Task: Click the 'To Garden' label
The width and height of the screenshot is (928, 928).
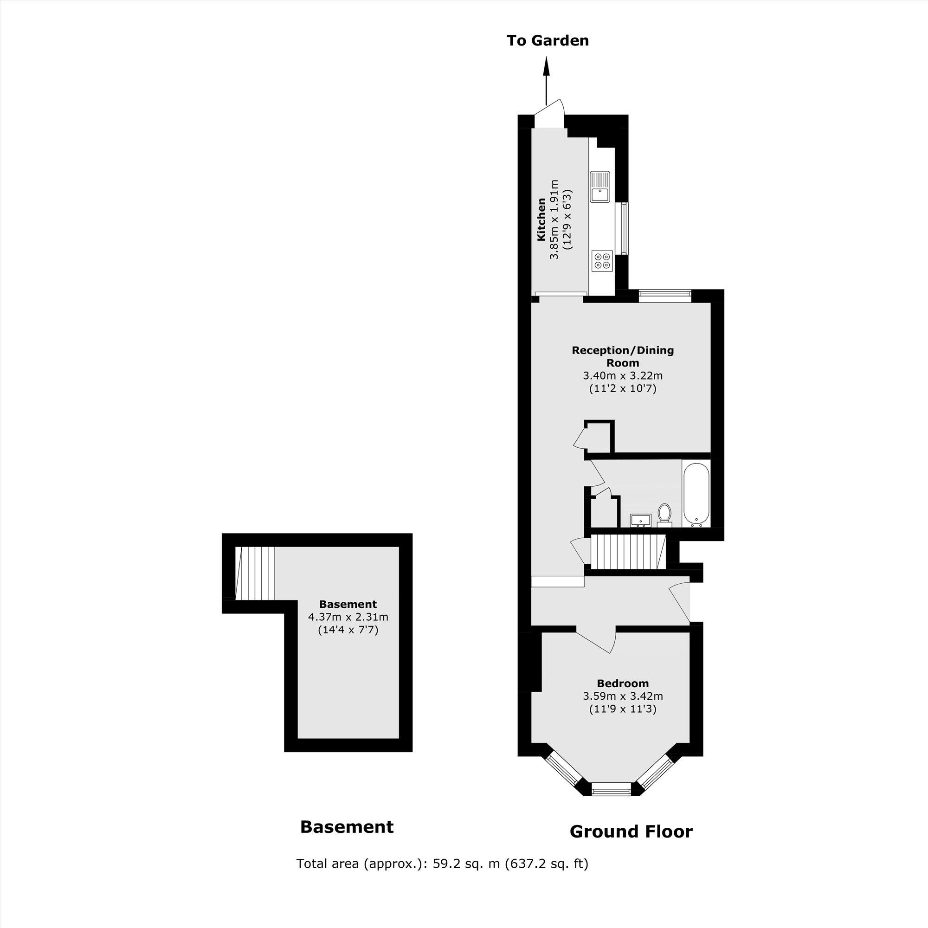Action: tap(548, 41)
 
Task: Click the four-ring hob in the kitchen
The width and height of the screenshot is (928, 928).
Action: tap(602, 261)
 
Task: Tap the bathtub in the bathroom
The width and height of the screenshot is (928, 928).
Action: tap(696, 493)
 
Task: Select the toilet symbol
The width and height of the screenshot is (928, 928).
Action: tap(664, 513)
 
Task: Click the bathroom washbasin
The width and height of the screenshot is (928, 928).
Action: tap(640, 520)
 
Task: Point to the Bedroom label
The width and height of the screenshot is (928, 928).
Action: tap(623, 683)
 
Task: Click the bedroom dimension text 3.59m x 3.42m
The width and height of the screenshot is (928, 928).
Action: tap(623, 696)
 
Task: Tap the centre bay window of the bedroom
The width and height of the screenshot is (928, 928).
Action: tap(611, 789)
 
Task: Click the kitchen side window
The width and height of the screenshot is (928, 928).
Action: tap(624, 228)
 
